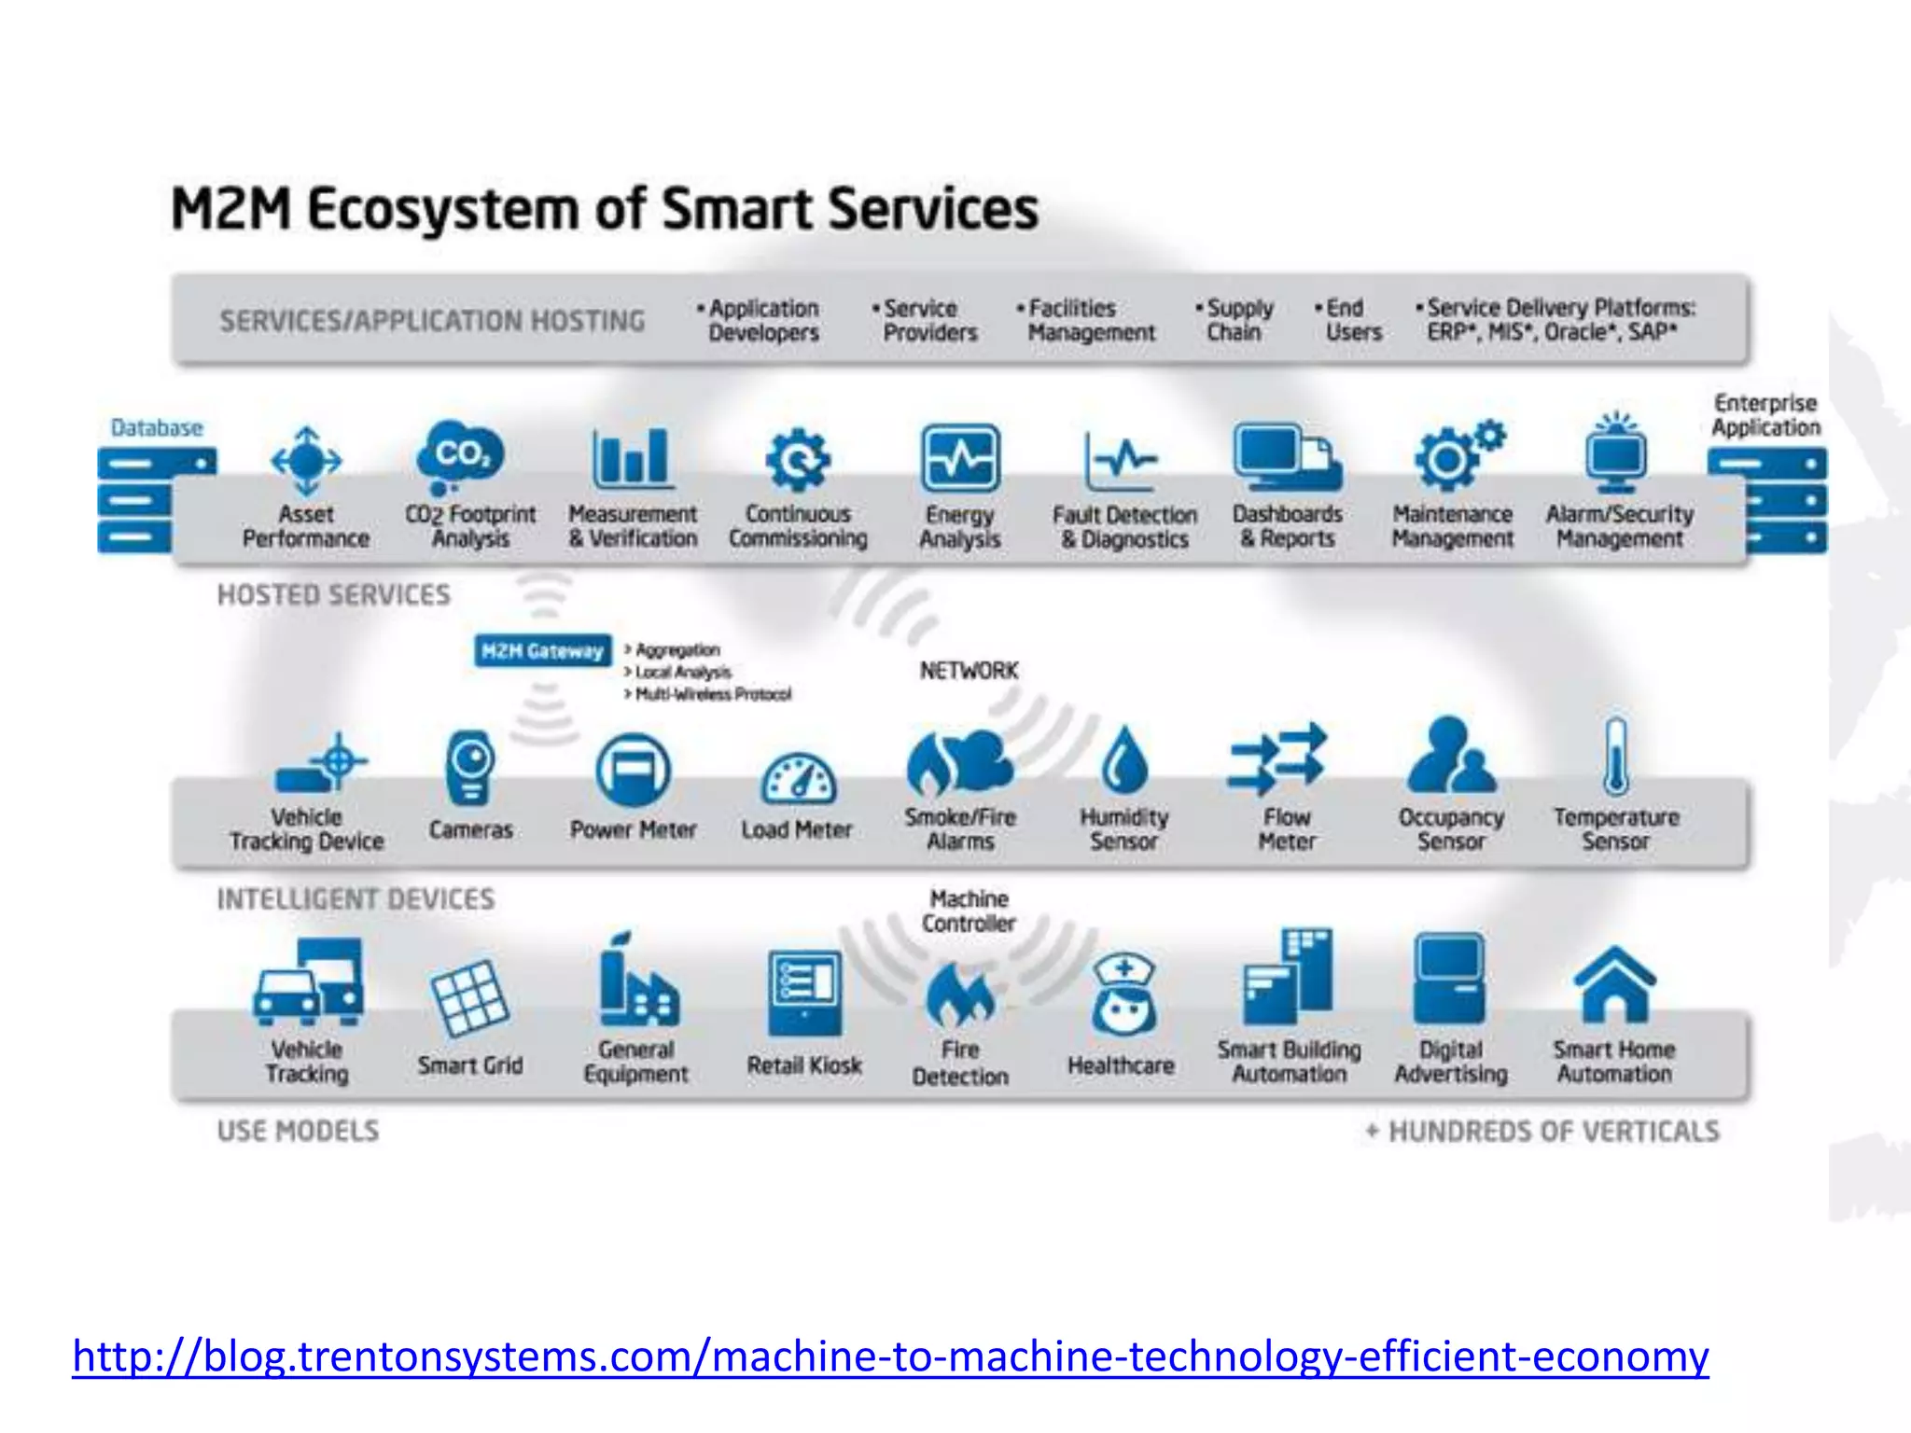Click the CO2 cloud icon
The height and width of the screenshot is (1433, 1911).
pyautogui.click(x=459, y=454)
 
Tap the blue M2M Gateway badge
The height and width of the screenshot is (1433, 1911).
pyautogui.click(x=542, y=650)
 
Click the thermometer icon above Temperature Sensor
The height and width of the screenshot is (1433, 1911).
pyautogui.click(x=1616, y=756)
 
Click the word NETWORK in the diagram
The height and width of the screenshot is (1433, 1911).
pyautogui.click(x=969, y=671)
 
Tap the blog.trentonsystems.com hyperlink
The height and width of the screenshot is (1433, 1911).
pyautogui.click(x=890, y=1356)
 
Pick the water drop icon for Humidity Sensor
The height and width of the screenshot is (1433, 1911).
pyautogui.click(x=1124, y=760)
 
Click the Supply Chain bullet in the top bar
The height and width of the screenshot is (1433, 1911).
pyautogui.click(x=1237, y=320)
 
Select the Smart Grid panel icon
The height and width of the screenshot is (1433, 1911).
pyautogui.click(x=468, y=999)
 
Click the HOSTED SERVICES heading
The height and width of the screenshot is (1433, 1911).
pyautogui.click(x=333, y=594)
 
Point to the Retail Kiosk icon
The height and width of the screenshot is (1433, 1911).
pyautogui.click(x=804, y=993)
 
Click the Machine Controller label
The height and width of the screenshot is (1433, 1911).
pyautogui.click(x=969, y=911)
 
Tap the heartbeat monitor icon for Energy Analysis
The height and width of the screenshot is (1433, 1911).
pyautogui.click(x=960, y=458)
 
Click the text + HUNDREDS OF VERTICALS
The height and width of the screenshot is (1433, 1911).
pyautogui.click(x=1542, y=1131)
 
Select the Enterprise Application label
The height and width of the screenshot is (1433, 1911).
pyautogui.click(x=1765, y=415)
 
